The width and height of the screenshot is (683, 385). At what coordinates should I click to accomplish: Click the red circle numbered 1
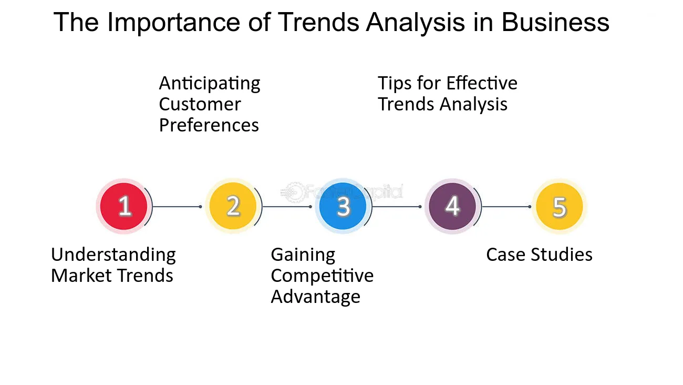[124, 206]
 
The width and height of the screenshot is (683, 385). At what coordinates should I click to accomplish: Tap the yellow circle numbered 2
[233, 206]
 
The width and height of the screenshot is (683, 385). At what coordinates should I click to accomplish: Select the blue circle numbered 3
[343, 206]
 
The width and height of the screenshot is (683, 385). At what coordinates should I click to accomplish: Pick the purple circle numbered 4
[452, 206]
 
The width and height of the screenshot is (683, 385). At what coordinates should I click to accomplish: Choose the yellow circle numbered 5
[560, 206]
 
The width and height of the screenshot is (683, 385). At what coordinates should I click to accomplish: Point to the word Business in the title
[555, 22]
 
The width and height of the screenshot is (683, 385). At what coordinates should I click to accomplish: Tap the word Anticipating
[210, 84]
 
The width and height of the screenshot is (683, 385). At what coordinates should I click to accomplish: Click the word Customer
[200, 105]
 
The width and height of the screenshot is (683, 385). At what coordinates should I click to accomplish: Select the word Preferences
[209, 125]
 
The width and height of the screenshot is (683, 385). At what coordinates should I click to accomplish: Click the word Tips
[395, 84]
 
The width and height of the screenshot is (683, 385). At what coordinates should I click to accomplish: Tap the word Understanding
[113, 255]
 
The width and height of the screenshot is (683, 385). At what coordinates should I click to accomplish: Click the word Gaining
[303, 255]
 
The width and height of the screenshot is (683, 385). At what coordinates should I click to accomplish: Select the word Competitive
[322, 276]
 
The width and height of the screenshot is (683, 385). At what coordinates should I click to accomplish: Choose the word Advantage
[316, 297]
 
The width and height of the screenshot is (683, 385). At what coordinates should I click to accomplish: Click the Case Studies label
[539, 255]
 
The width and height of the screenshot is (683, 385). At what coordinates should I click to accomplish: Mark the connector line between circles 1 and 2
[177, 207]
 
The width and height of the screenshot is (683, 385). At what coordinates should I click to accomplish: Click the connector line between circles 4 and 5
[506, 207]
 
